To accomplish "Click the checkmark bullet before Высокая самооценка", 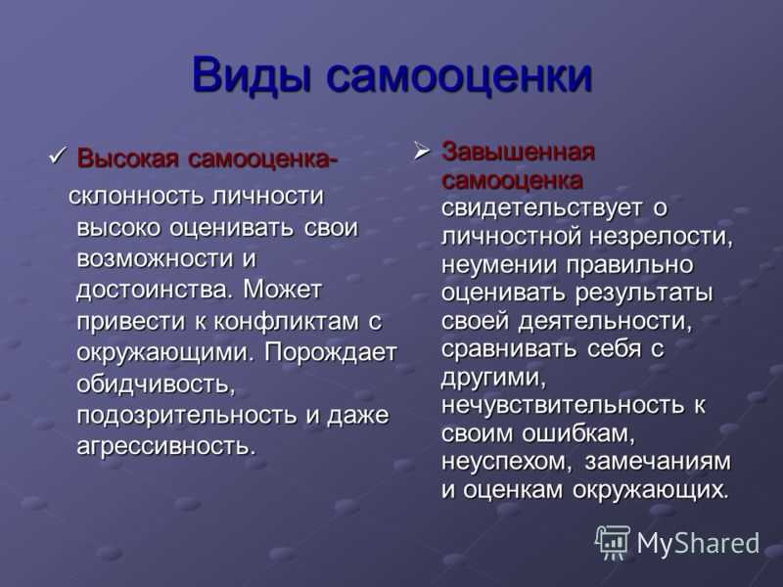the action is point(59,156).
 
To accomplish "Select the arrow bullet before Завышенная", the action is point(422,152).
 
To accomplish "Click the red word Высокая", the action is point(127,159).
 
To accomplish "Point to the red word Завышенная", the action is point(519,152).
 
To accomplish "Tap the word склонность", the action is point(136,196).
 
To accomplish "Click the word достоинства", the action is point(156,291).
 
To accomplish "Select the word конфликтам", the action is point(286,321).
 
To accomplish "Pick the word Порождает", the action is point(331,353).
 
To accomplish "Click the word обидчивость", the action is point(156,384).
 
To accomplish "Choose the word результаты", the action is point(644,293).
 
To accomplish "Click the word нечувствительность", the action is point(563,405).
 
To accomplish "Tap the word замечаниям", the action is point(658,462).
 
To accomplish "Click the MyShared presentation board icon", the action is point(613,542).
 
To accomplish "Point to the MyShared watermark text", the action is point(698,543).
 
